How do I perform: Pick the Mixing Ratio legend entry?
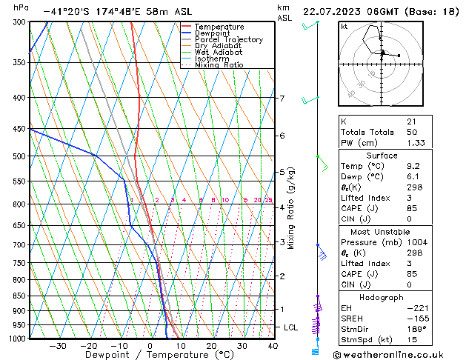(219, 65)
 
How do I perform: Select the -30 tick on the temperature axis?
(57, 346)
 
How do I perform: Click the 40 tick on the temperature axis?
(273, 346)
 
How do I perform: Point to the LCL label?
(292, 327)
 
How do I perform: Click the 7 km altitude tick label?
(282, 99)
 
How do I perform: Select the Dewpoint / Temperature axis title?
(150, 356)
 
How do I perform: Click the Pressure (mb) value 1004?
(416, 242)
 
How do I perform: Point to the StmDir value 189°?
(416, 329)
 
